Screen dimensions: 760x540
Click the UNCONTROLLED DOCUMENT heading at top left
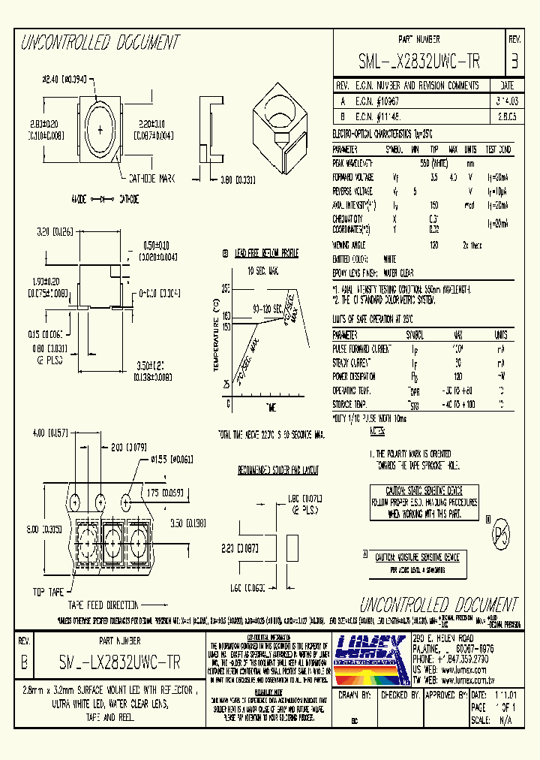99,42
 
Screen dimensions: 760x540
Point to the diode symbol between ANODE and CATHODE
102,200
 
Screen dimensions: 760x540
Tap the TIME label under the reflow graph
270,406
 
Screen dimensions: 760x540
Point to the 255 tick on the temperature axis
225,288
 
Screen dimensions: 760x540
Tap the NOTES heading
377,431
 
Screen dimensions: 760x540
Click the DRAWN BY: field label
357,695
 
